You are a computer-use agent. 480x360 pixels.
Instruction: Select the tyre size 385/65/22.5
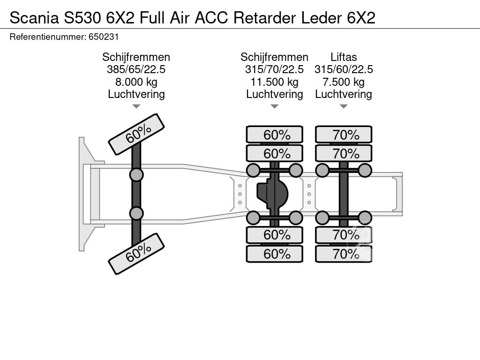click(x=136, y=69)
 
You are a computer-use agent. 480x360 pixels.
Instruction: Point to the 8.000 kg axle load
click(x=136, y=82)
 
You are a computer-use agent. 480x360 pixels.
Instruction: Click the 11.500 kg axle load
click(x=274, y=82)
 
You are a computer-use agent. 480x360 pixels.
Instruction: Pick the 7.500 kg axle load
click(x=343, y=82)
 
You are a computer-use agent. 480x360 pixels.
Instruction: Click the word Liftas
click(x=343, y=57)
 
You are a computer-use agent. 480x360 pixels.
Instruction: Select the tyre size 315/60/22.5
click(x=343, y=69)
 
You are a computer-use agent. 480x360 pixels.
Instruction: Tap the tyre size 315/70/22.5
click(x=274, y=69)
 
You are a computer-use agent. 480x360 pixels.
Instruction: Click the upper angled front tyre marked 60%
click(x=136, y=134)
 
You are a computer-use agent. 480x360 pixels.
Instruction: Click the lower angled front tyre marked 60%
click(x=136, y=254)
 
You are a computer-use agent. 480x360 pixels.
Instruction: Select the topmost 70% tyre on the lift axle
click(x=344, y=135)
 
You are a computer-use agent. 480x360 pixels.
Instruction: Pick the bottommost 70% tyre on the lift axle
click(x=344, y=254)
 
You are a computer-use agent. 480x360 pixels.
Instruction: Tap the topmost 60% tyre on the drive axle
click(x=275, y=135)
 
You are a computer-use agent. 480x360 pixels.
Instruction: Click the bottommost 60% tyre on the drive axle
click(x=275, y=254)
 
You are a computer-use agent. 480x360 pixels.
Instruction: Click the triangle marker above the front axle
click(x=136, y=106)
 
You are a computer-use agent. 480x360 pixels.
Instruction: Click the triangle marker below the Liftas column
click(x=343, y=106)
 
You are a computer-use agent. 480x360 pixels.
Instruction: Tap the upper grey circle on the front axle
click(x=136, y=175)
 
